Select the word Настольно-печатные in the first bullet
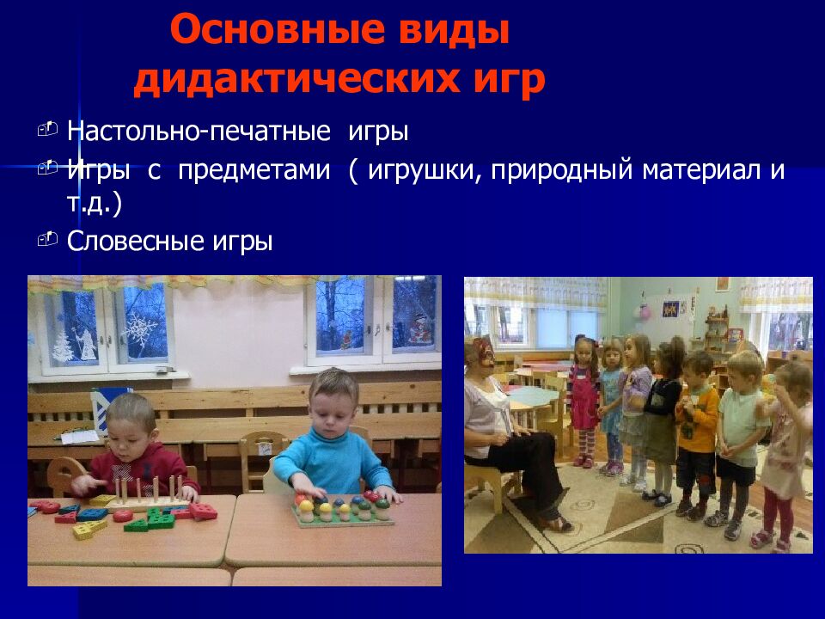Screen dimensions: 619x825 coord(199,132)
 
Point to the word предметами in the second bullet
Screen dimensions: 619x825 coord(254,169)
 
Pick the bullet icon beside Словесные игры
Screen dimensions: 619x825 coord(47,238)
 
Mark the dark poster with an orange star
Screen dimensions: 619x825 coord(671,307)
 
